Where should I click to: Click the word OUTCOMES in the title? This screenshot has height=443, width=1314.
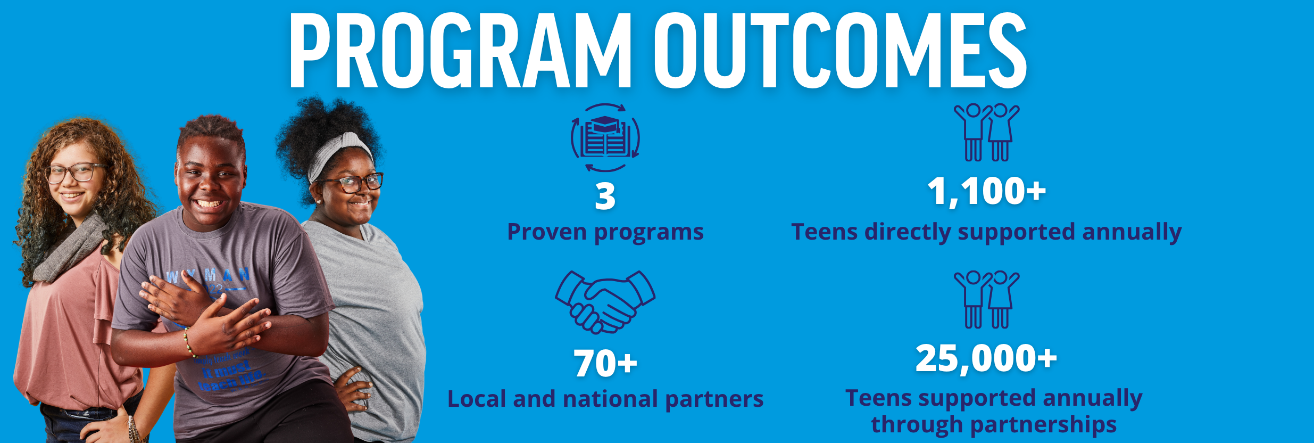click(841, 51)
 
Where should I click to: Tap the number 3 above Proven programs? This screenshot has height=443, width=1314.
click(605, 196)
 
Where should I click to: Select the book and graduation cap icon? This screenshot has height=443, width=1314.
click(605, 138)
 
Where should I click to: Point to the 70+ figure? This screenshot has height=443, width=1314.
click(605, 364)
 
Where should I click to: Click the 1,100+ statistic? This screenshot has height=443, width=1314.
click(986, 191)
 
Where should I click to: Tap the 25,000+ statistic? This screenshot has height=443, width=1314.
click(986, 358)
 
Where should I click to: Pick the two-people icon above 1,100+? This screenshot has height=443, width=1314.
click(986, 133)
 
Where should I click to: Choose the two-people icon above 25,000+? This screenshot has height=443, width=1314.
click(986, 300)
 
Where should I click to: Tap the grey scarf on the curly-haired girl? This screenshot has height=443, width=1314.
click(69, 248)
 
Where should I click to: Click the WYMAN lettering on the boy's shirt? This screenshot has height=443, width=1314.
click(207, 275)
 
